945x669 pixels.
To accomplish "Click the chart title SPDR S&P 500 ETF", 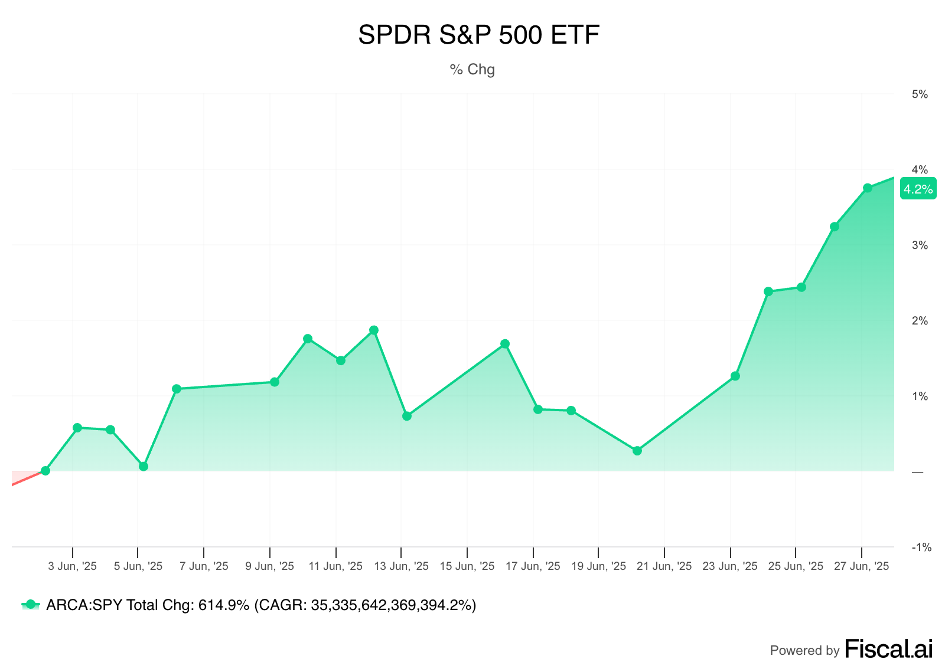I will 478,35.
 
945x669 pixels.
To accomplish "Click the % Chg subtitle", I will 472,70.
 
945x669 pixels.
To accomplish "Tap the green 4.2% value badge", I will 918,189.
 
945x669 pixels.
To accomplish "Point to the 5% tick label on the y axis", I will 920,94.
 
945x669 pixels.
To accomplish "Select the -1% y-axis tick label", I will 921,547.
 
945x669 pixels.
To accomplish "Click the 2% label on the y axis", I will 920,321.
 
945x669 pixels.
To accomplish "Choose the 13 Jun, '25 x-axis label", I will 402,566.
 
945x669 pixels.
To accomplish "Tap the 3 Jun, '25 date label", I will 72,566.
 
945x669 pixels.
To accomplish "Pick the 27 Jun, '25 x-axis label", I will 861,566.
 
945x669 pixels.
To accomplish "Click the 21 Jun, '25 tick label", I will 664,566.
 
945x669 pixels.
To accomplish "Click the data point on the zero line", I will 45,471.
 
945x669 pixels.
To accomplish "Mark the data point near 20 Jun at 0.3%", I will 637,451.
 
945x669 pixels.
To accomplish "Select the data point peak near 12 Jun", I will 374,330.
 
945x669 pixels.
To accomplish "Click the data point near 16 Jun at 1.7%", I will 505,344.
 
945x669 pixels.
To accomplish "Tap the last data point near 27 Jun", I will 868,188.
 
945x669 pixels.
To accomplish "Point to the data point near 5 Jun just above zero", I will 144,467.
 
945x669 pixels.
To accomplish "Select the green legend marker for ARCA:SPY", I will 31,605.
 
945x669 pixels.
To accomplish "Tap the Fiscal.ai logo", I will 888,649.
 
